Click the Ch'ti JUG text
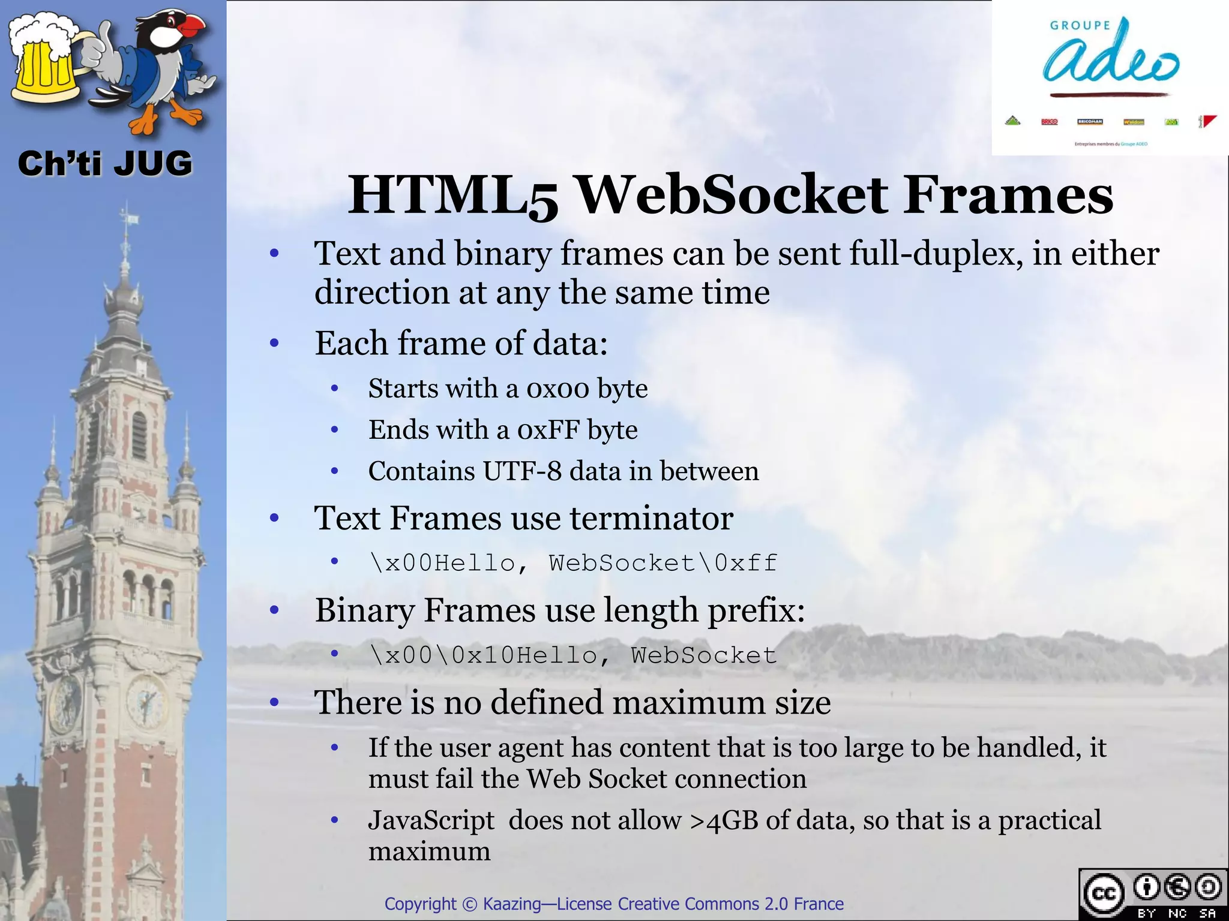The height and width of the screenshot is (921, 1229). tap(105, 164)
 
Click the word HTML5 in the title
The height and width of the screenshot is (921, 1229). tap(453, 196)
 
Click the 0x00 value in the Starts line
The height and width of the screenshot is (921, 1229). tap(558, 389)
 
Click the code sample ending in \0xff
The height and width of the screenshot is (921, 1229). tap(574, 563)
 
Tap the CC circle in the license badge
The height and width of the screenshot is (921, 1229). tap(1104, 894)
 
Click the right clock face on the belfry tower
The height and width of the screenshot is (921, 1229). tap(146, 700)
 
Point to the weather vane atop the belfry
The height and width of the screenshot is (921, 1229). tap(127, 216)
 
